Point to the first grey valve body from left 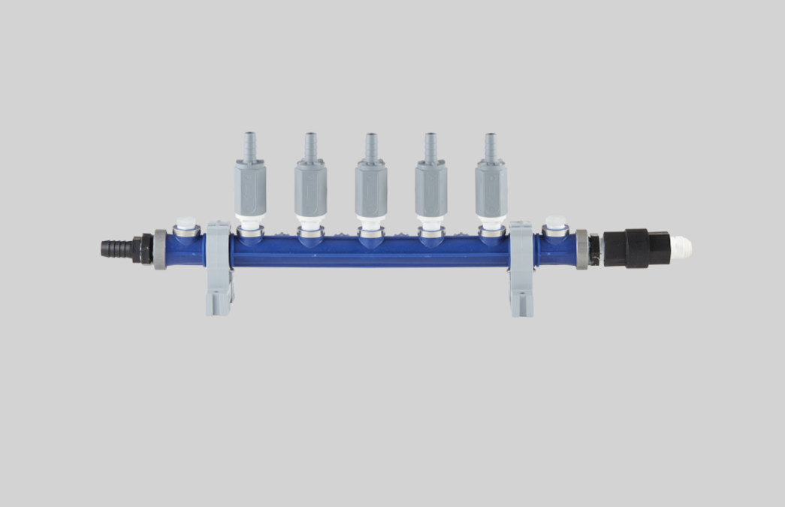250,189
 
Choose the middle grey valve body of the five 371,189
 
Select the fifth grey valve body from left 491,189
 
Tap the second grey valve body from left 310,189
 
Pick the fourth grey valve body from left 430,189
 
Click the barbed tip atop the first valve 250,145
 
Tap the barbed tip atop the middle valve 371,145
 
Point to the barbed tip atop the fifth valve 491,145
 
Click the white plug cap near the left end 185,223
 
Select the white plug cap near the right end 555,223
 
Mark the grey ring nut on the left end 160,249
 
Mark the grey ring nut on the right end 581,249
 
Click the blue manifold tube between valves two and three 341,252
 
